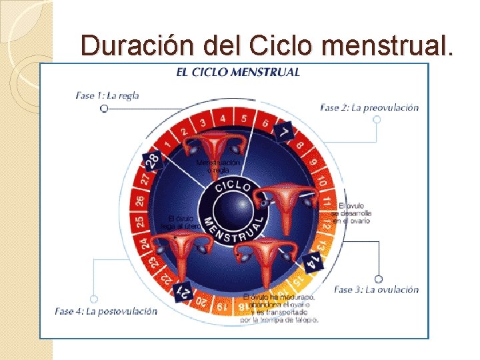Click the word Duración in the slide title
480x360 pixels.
click(x=126, y=45)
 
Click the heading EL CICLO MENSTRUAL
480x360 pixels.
click(x=238, y=72)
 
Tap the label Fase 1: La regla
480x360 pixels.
click(x=107, y=95)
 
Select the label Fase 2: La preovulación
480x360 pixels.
click(x=369, y=107)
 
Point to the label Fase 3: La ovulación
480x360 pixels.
click(x=376, y=289)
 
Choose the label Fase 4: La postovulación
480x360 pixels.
click(x=106, y=311)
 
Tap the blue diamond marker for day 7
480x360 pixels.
click(x=285, y=131)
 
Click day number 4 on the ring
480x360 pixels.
click(x=223, y=119)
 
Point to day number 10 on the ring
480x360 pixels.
click(x=321, y=180)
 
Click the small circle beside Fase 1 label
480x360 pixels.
click(x=104, y=108)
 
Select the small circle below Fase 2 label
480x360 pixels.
click(x=377, y=119)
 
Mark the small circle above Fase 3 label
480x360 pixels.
click(x=379, y=279)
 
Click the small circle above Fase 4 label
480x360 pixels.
click(x=94, y=299)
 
